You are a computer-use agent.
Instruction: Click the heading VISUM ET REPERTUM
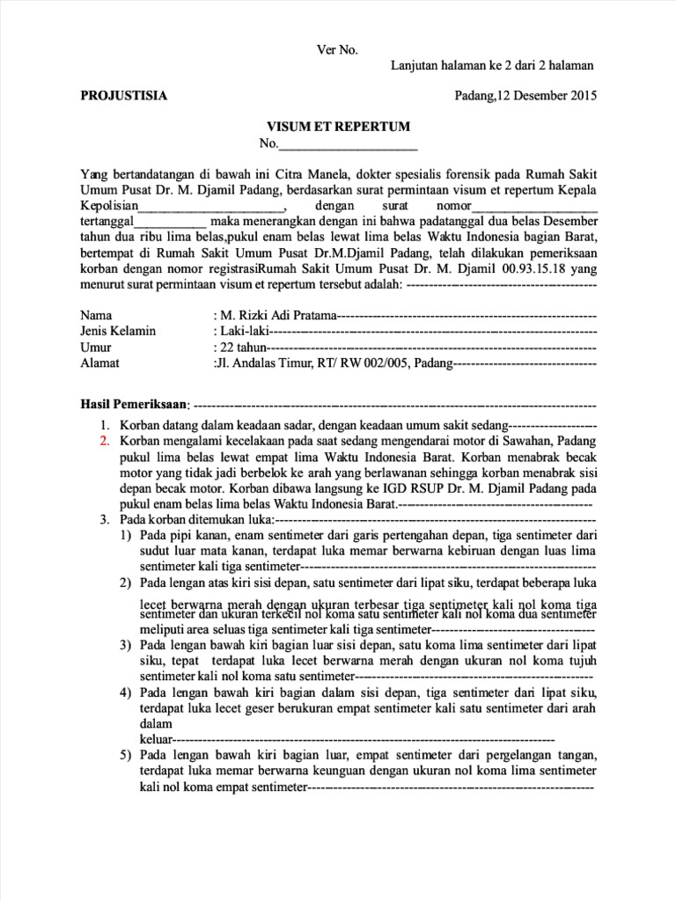click(x=339, y=127)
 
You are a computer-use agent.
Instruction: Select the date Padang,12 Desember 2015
click(x=525, y=96)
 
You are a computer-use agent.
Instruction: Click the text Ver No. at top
click(x=337, y=50)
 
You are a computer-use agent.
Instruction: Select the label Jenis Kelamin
click(x=118, y=331)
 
